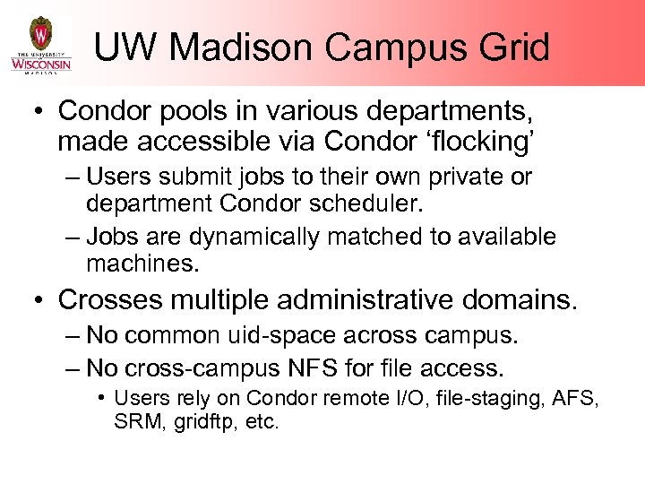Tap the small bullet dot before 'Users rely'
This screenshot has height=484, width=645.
pyautogui.click(x=105, y=396)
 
